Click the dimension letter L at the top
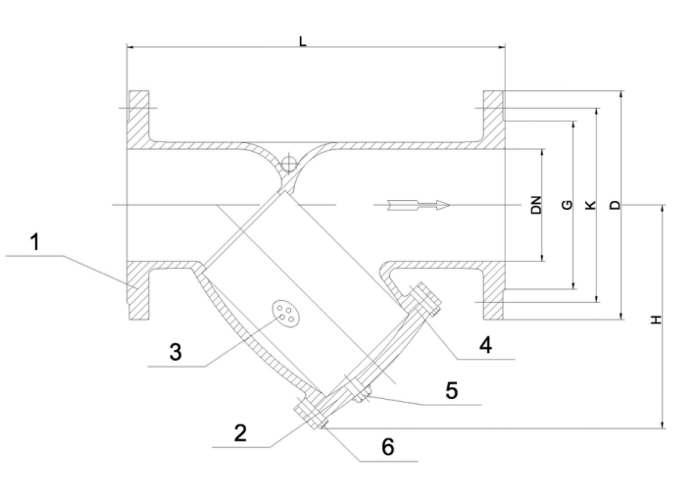click(303, 42)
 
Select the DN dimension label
click(536, 205)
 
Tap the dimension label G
click(568, 205)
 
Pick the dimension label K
click(591, 205)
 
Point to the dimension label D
click(615, 205)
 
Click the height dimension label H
click(657, 320)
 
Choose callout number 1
click(34, 242)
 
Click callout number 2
click(240, 432)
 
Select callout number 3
click(175, 352)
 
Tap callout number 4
click(486, 345)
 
